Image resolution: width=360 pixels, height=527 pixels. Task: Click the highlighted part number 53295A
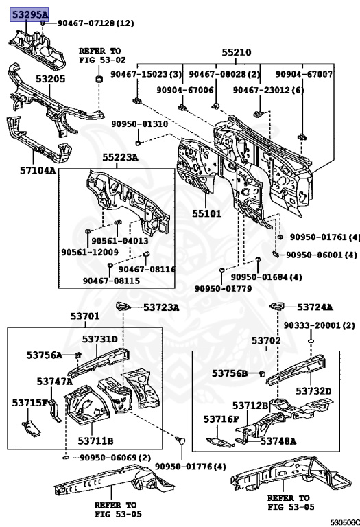29,14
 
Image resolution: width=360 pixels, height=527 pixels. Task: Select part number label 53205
51,79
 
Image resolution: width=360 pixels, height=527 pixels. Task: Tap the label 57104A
38,170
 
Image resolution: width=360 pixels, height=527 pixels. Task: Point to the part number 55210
237,52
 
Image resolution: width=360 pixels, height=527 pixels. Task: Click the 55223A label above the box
120,157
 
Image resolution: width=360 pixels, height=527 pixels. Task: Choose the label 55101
206,213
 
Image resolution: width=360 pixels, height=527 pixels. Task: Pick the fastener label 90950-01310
140,124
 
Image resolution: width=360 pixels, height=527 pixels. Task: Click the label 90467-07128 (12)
96,23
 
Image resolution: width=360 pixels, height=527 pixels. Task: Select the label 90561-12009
90,252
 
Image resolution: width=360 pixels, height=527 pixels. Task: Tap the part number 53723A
161,307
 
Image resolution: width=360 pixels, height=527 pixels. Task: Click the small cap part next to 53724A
277,306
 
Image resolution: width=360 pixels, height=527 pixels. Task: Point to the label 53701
85,316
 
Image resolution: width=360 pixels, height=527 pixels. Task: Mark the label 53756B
229,373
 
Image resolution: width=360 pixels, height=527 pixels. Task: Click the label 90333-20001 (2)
320,325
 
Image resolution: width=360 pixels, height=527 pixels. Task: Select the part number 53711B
95,441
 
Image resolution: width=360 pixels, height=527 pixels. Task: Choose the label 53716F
221,419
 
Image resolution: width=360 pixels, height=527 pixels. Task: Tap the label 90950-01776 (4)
191,466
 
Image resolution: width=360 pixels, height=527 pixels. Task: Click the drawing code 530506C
345,522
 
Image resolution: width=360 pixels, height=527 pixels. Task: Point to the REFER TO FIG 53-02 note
102,56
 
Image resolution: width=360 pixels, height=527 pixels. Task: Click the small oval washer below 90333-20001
311,342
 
